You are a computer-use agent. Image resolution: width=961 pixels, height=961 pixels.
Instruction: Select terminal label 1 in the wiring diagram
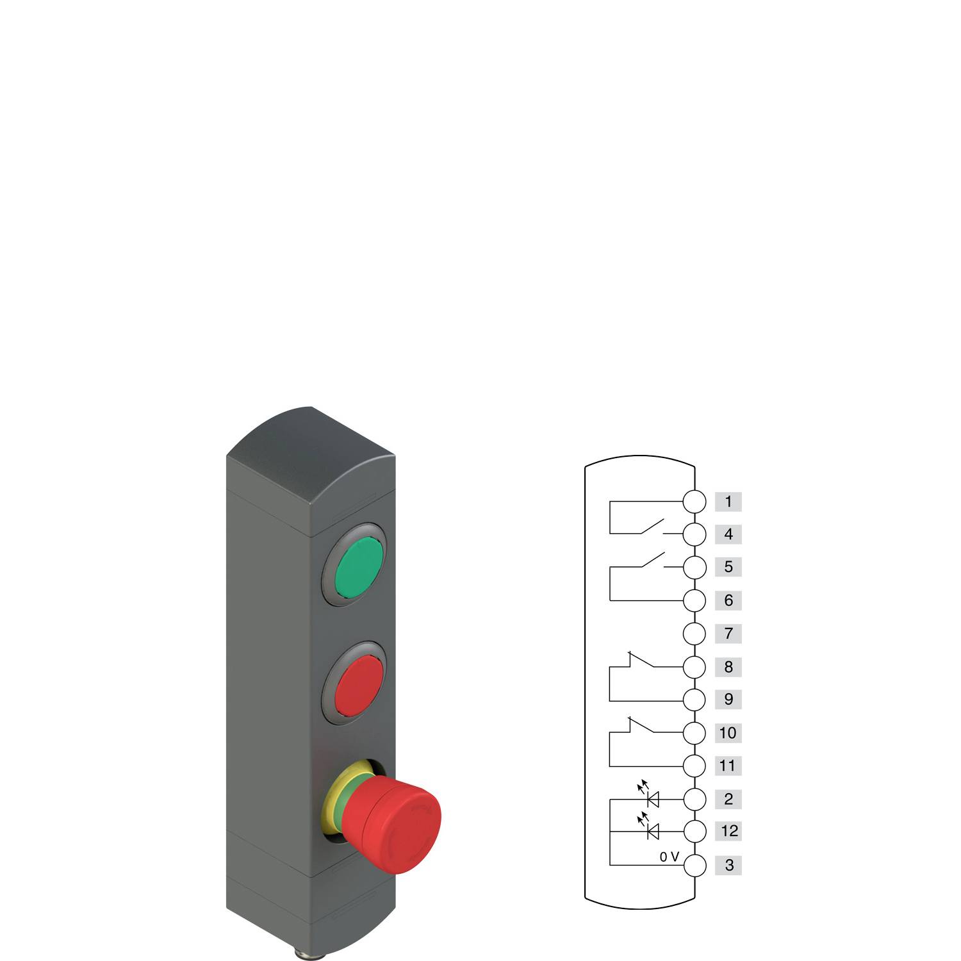point(728,502)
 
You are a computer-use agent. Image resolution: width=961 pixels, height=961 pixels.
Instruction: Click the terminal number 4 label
point(728,534)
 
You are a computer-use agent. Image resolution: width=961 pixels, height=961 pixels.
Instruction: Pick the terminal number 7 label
point(728,634)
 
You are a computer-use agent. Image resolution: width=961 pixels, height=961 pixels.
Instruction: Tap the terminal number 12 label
point(728,832)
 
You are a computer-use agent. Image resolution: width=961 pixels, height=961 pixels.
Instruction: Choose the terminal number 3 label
point(728,866)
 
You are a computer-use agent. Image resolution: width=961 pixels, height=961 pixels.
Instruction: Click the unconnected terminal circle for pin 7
point(694,634)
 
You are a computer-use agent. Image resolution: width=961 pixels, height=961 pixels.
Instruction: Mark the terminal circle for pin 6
point(694,601)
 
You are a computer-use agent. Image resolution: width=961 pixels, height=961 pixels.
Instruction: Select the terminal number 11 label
point(728,766)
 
